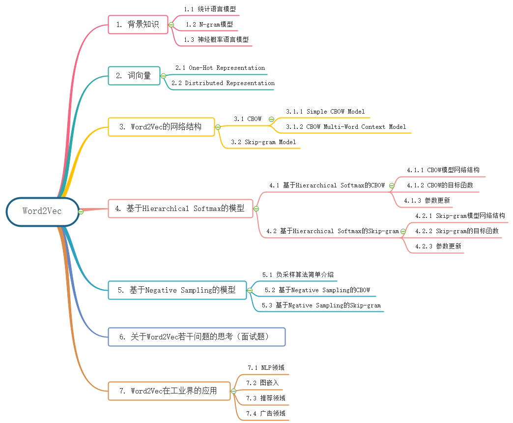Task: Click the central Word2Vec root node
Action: coord(42,211)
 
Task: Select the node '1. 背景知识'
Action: coord(138,24)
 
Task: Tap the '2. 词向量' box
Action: coord(134,76)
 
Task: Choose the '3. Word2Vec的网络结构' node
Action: coord(161,127)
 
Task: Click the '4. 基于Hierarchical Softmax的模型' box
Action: coord(180,209)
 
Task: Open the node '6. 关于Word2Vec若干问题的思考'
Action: coord(197,337)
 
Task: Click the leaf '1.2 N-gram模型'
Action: coord(209,24)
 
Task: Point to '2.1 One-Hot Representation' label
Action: coord(220,68)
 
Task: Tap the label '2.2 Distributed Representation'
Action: coord(223,83)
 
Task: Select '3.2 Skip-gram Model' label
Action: coord(263,142)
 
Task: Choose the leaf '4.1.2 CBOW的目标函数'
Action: coord(440,185)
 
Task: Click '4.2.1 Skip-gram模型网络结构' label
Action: coord(460,215)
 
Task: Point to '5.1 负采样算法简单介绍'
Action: coord(298,274)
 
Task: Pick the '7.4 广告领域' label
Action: coord(266,413)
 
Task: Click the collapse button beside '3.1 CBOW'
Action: coord(271,119)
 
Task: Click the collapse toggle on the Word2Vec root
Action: coord(81,211)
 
